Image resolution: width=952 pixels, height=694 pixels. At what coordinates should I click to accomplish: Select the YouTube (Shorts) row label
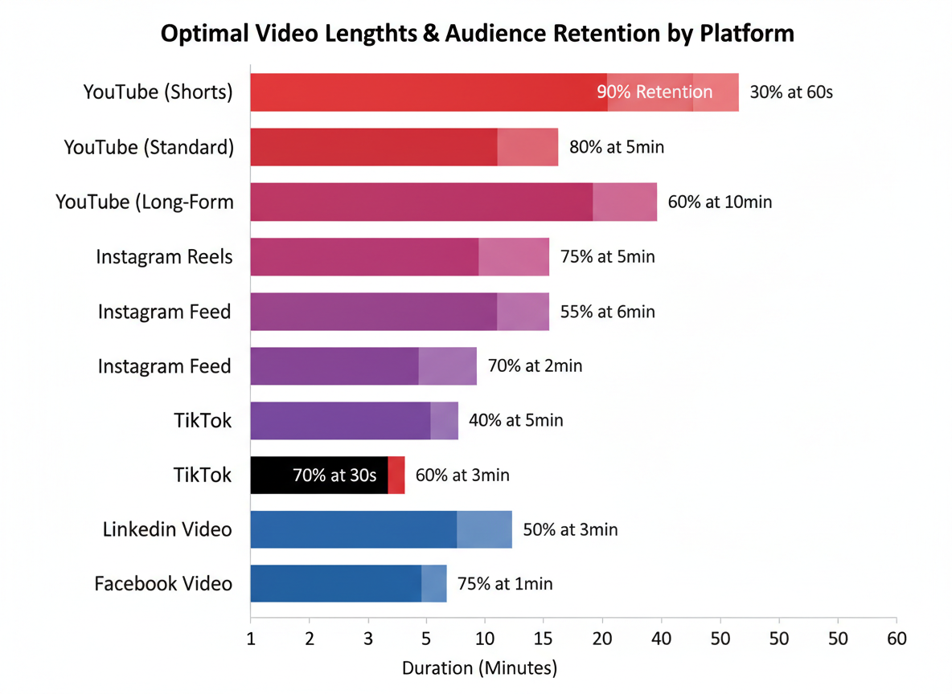click(158, 92)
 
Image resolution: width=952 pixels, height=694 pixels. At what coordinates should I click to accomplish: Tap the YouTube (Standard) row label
click(149, 147)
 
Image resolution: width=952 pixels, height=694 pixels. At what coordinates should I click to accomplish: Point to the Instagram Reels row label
click(164, 257)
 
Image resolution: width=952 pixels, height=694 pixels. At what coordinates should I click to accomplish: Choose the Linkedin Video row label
click(167, 529)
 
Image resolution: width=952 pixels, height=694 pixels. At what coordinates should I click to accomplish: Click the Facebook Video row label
click(163, 584)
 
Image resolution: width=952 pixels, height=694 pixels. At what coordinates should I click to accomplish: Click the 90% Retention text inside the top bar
click(654, 92)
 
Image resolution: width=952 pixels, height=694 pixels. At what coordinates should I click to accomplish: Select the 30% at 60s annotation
click(791, 92)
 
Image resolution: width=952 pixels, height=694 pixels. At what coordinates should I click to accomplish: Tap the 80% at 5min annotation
click(617, 147)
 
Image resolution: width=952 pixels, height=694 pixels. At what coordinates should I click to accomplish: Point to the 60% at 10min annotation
click(720, 202)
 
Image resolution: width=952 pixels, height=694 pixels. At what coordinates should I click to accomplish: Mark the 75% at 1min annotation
click(505, 584)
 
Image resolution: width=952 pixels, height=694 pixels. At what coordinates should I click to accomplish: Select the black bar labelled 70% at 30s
click(319, 475)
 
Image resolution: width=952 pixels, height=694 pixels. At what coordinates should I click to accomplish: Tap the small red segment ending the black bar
click(396, 475)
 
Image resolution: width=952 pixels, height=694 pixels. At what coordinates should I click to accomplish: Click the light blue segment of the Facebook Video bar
click(434, 584)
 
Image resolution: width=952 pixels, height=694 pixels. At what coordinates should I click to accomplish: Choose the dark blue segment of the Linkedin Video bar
click(354, 529)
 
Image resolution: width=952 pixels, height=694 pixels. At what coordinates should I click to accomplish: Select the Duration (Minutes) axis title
click(479, 668)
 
